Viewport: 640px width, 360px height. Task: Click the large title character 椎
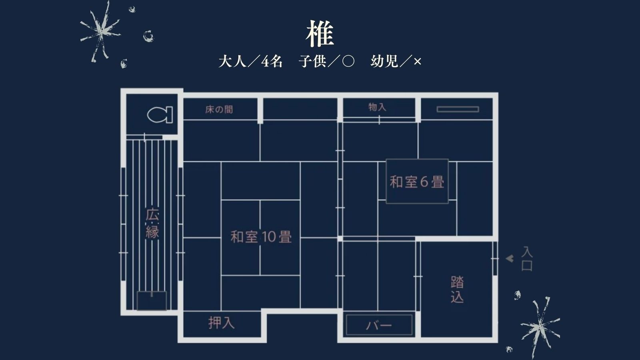pyautogui.click(x=320, y=34)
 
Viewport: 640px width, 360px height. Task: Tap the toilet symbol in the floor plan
pyautogui.click(x=160, y=115)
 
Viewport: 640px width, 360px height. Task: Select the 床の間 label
pyautogui.click(x=219, y=109)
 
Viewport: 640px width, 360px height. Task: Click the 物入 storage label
pyautogui.click(x=377, y=107)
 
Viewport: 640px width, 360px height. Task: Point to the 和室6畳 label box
pyautogui.click(x=417, y=182)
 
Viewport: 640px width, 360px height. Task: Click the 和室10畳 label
pyautogui.click(x=261, y=237)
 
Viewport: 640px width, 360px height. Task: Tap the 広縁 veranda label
pyautogui.click(x=152, y=224)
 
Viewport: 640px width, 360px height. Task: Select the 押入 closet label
pyautogui.click(x=221, y=323)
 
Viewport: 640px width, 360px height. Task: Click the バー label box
pyautogui.click(x=379, y=325)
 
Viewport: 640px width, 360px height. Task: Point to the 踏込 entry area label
pyautogui.click(x=457, y=289)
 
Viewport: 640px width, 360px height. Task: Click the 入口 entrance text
pyautogui.click(x=527, y=259)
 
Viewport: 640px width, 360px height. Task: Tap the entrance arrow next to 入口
pyautogui.click(x=510, y=258)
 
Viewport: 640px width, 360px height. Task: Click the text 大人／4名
pyautogui.click(x=250, y=61)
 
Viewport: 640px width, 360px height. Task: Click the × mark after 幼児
pyautogui.click(x=417, y=62)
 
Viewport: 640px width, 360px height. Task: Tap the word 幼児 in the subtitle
pyautogui.click(x=384, y=61)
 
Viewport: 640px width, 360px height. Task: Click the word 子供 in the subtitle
pyautogui.click(x=312, y=61)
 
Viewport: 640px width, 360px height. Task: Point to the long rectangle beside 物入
pyautogui.click(x=458, y=109)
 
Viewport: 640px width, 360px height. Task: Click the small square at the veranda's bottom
pyautogui.click(x=152, y=301)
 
